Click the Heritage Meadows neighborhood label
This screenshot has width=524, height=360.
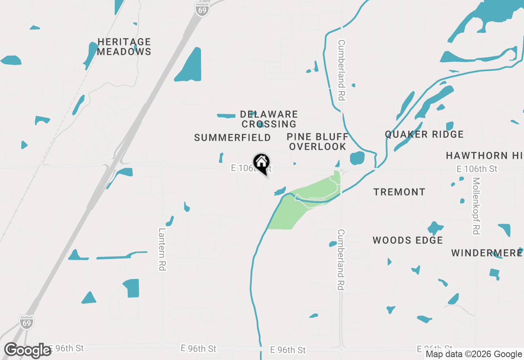(124, 47)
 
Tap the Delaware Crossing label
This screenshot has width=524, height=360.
(269, 119)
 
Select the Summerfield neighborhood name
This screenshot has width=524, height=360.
(233, 138)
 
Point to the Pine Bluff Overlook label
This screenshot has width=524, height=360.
(317, 142)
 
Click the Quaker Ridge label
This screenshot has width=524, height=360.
(424, 135)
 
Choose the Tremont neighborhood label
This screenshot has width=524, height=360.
(399, 192)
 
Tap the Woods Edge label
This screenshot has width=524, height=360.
(408, 240)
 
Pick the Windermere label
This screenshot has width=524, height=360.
(487, 253)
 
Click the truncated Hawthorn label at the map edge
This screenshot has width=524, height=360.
(484, 155)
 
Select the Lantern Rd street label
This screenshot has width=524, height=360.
(162, 249)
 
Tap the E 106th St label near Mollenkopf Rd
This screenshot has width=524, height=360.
(477, 169)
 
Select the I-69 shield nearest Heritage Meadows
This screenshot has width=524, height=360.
(202, 10)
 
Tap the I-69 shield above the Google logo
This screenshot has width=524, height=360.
(27, 321)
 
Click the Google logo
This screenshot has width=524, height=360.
(28, 350)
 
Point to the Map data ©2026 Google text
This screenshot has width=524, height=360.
(474, 354)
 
